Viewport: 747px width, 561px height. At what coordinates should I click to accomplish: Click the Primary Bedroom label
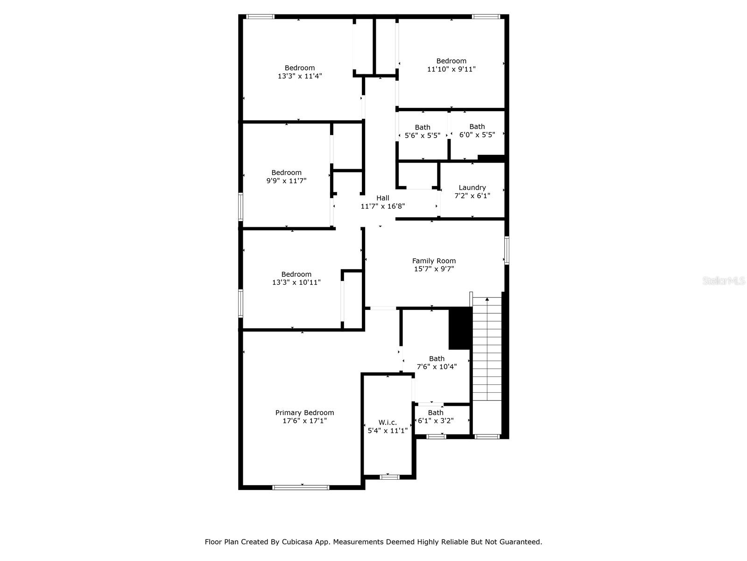click(304, 412)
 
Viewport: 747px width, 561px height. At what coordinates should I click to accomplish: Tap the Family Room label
click(434, 260)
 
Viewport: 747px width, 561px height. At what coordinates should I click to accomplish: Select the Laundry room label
click(472, 187)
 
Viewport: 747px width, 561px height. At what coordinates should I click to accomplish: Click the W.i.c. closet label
click(388, 422)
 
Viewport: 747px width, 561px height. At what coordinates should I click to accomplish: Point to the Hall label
click(383, 198)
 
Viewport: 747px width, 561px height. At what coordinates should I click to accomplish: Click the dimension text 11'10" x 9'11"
click(451, 69)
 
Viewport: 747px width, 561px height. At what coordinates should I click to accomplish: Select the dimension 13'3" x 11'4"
click(300, 76)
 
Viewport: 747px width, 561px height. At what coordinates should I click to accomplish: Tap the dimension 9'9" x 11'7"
click(287, 180)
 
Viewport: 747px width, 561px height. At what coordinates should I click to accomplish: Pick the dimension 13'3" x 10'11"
click(296, 282)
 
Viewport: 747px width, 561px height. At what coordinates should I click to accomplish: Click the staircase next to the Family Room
click(487, 349)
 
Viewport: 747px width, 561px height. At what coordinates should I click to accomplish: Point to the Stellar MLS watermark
click(724, 280)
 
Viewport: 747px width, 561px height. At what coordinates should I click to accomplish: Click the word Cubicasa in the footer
click(296, 541)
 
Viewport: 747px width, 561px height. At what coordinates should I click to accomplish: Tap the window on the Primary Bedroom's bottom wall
click(301, 488)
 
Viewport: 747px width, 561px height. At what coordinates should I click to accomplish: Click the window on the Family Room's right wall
click(507, 251)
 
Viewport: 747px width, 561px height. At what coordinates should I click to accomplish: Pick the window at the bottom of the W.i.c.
click(390, 477)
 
